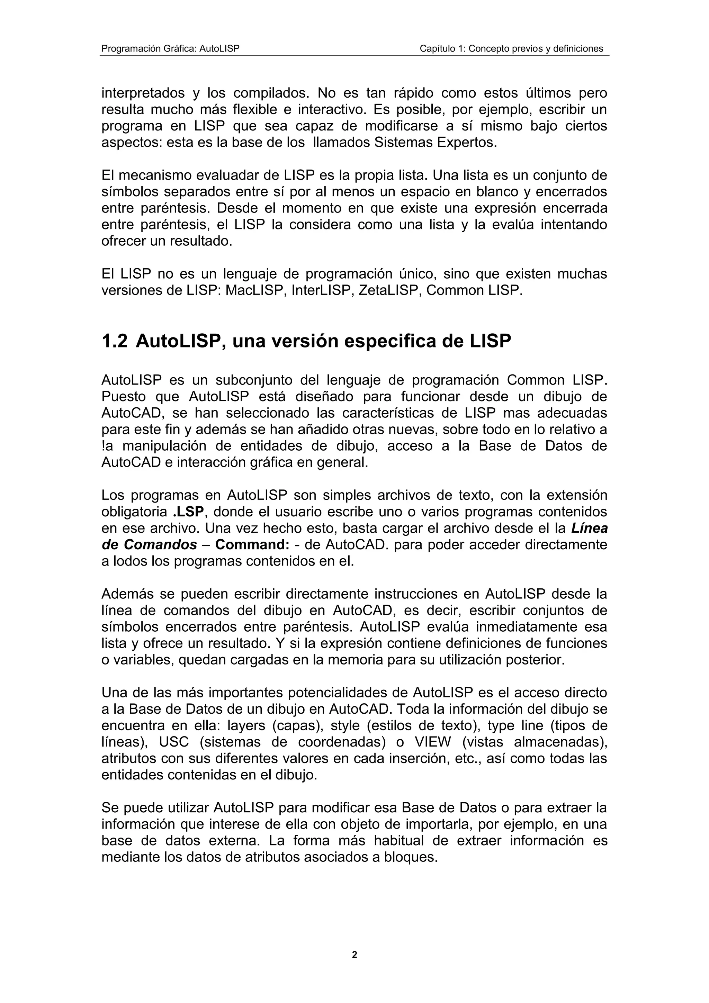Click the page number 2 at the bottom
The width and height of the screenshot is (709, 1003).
[354, 955]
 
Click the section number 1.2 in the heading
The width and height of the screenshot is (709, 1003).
[114, 342]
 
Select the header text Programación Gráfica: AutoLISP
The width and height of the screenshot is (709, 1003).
[170, 48]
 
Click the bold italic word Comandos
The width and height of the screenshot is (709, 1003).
[160, 545]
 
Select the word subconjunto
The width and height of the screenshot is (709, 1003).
[258, 380]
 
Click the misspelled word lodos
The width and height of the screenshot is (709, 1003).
[130, 561]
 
